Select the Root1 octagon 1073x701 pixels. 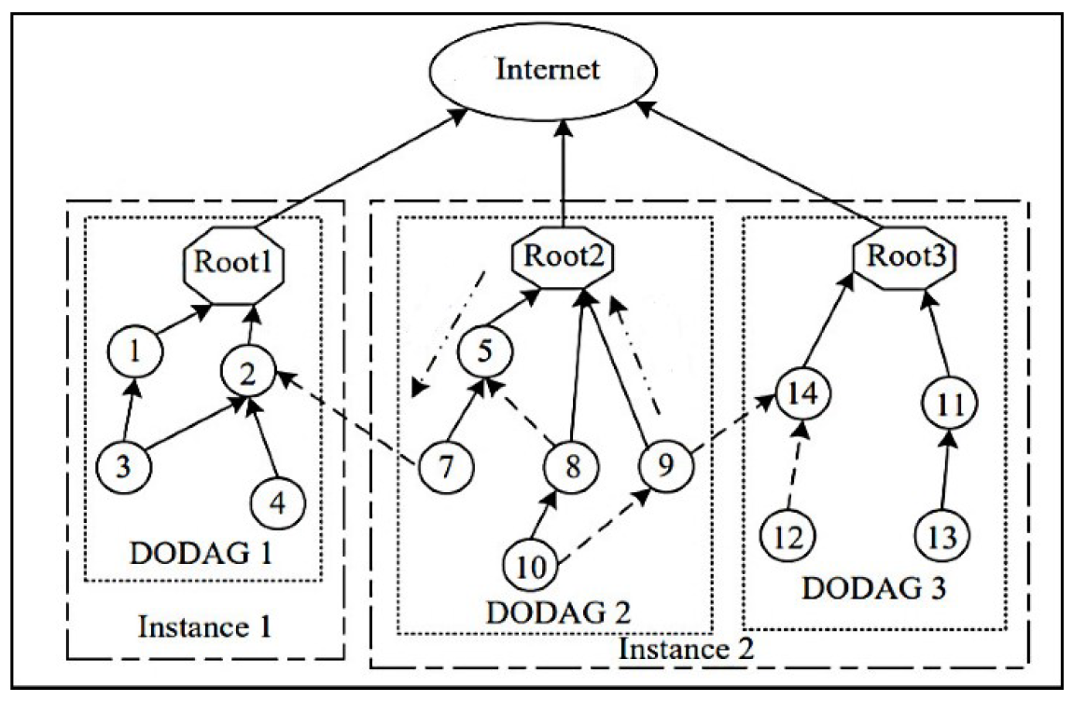pos(232,261)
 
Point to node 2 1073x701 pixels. pos(246,376)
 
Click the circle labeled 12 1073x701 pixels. pos(788,537)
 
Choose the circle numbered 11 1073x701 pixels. pos(949,405)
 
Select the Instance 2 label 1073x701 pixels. pos(687,646)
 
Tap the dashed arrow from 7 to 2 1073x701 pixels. pos(345,418)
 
